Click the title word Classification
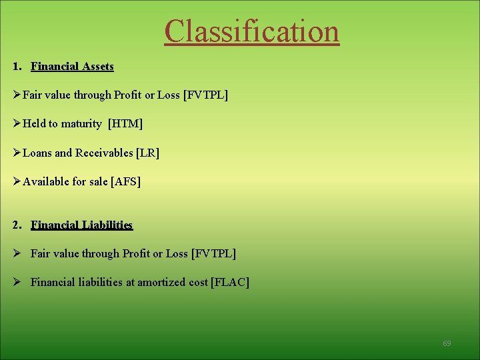pos(252,31)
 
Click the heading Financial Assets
pos(72,67)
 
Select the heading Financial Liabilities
pos(81,225)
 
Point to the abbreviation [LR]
pos(147,153)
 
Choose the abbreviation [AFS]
pos(128,181)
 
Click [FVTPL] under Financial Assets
pos(205,95)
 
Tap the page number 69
pos(447,343)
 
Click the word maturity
pos(81,124)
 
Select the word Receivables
pos(104,153)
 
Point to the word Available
pos(45,181)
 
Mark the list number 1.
pos(15,67)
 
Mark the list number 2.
pos(15,225)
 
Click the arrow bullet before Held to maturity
pos(17,124)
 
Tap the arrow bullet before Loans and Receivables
pos(17,153)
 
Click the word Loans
pos(37,153)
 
